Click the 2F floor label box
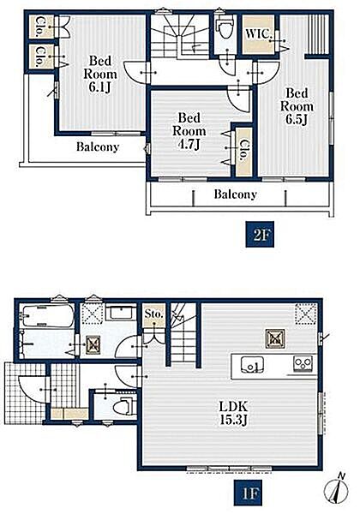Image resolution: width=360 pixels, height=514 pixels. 260,235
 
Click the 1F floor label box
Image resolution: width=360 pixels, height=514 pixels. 249,493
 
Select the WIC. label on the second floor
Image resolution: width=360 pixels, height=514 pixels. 258,33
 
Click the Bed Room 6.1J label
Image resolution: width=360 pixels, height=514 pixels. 100,74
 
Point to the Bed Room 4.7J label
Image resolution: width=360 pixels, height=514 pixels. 189,131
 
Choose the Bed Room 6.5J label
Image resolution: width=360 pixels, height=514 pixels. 297,106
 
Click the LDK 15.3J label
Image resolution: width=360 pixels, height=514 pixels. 233,414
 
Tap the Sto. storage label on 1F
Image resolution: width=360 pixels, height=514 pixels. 153,314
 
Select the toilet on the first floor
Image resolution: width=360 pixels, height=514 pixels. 124,406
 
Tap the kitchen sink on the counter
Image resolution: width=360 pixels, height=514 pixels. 252,365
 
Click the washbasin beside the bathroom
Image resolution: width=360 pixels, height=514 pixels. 121,313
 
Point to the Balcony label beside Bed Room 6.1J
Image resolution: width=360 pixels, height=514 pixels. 98,147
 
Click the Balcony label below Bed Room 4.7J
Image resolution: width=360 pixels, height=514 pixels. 235,194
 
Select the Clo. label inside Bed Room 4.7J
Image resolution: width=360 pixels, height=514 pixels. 243,150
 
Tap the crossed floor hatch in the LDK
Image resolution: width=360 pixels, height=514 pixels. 275,338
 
